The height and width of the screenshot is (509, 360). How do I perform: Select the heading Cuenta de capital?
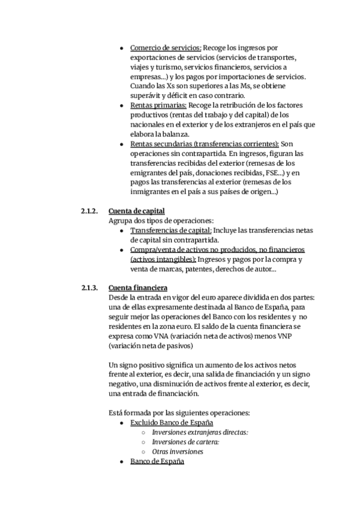pyautogui.click(x=136, y=211)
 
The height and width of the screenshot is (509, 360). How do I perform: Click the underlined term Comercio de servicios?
pyautogui.click(x=166, y=47)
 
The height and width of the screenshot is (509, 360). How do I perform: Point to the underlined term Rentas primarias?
pyautogui.click(x=158, y=105)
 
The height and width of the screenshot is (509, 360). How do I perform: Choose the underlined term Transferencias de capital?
pyautogui.click(x=170, y=230)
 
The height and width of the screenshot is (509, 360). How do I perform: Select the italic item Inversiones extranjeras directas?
pyautogui.click(x=200, y=433)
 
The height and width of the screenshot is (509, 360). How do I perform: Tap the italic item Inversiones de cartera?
pyautogui.click(x=185, y=442)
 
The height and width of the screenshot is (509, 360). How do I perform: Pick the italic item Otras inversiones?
pyautogui.click(x=178, y=452)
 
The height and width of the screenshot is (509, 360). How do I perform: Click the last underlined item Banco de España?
pyautogui.click(x=157, y=462)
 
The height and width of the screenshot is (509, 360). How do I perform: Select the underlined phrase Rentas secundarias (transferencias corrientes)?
pyautogui.click(x=204, y=144)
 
